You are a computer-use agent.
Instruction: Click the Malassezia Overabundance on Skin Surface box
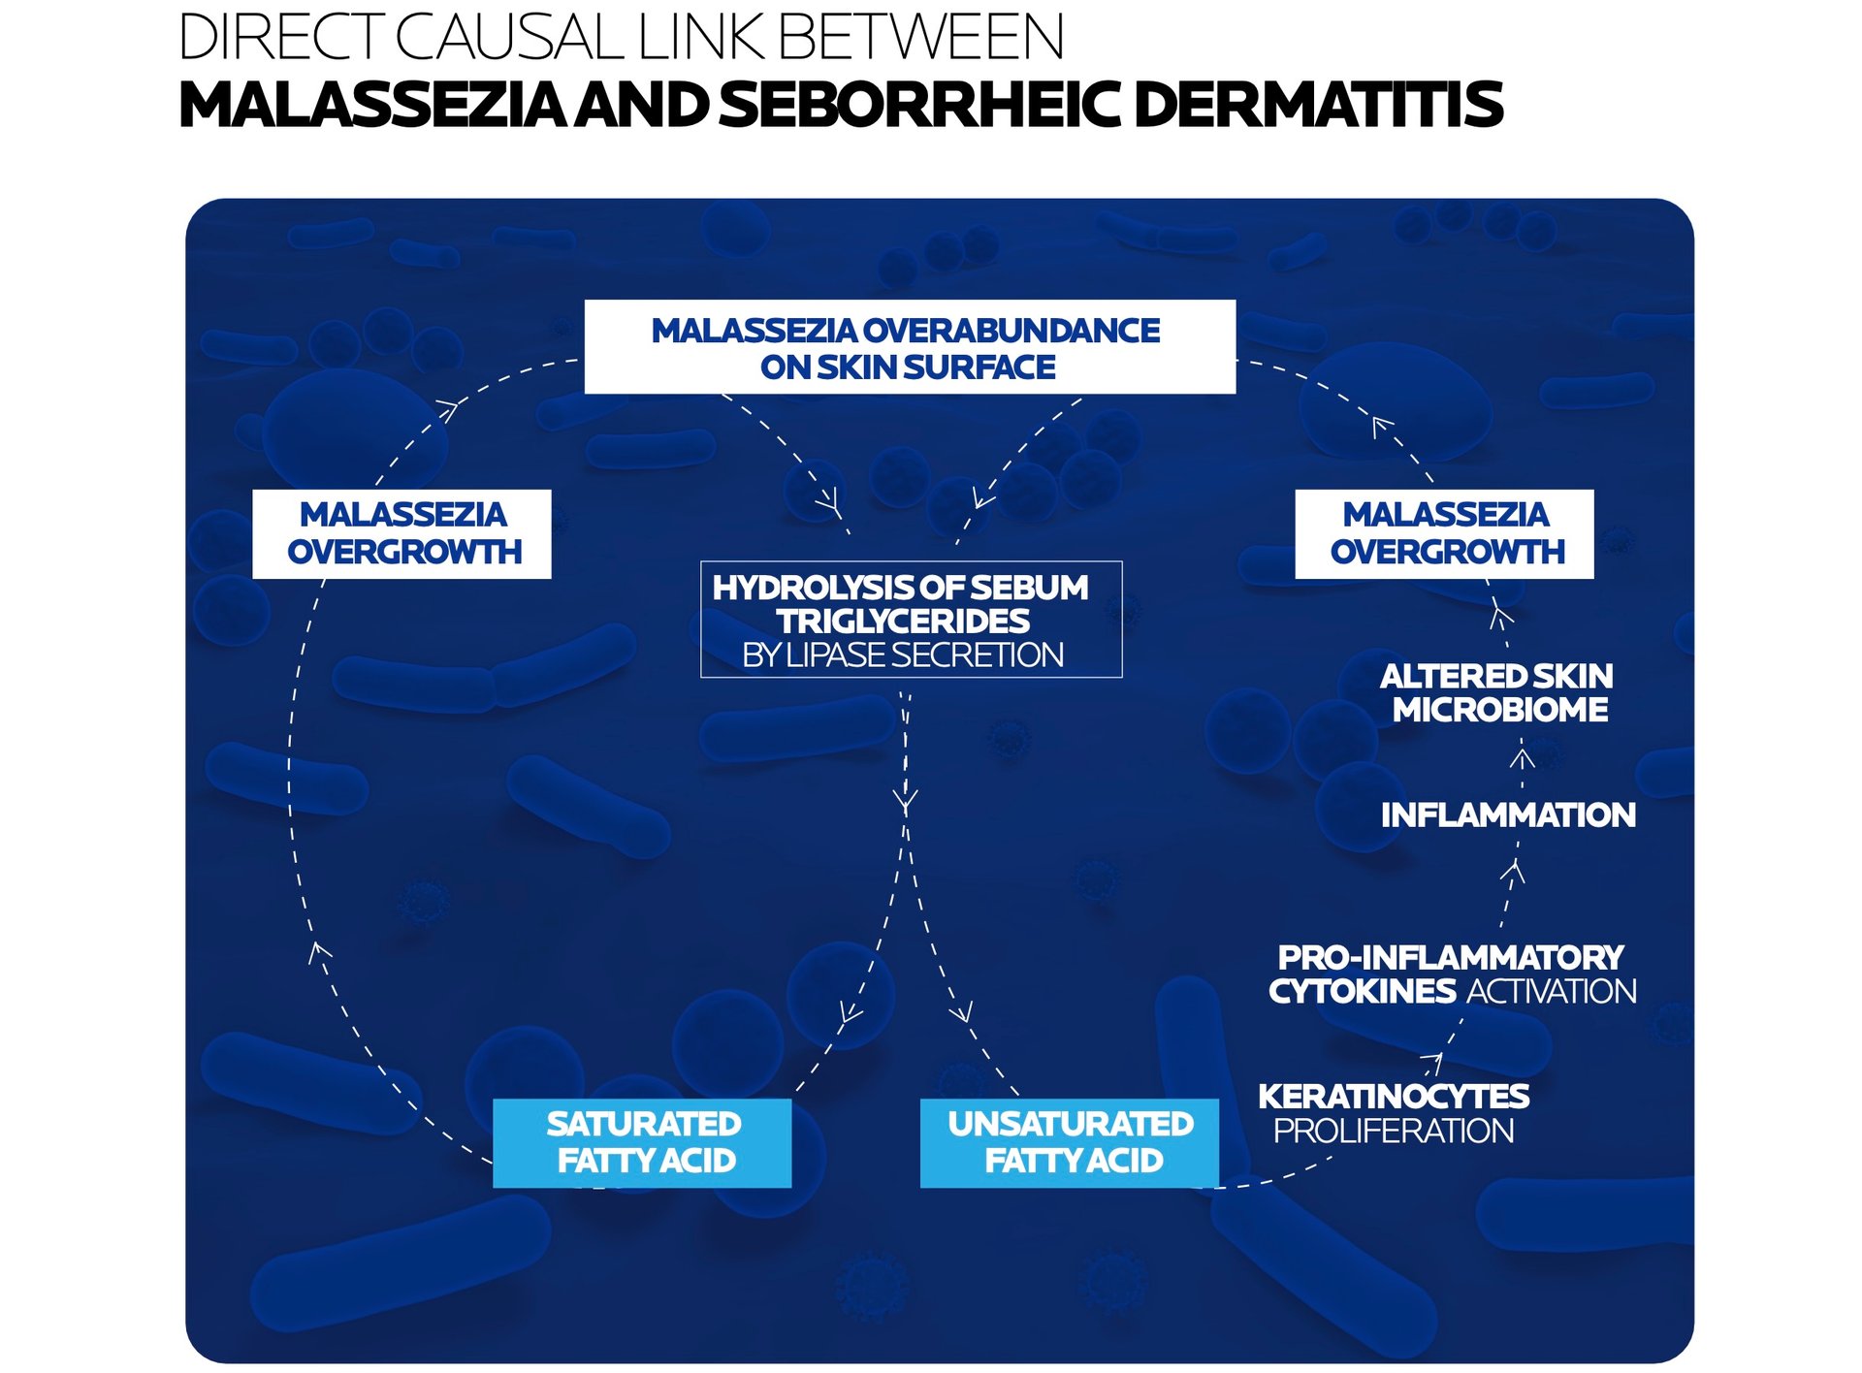coord(909,347)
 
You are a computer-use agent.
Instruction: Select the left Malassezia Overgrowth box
coord(401,533)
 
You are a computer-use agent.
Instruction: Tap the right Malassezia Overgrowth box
coord(1444,533)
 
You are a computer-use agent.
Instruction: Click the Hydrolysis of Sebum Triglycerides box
coord(911,619)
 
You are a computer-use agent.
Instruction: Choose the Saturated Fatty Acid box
coord(642,1142)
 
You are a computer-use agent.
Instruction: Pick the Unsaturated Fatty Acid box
coord(1069,1142)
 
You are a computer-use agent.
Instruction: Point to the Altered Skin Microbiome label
coord(1498,692)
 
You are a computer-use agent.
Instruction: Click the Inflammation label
coord(1507,814)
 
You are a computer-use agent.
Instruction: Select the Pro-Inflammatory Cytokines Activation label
coord(1452,974)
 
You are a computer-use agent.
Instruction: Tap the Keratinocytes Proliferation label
coord(1394,1113)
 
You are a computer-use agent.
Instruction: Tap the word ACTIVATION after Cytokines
coord(1552,991)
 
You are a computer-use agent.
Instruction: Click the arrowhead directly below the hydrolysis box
coord(906,803)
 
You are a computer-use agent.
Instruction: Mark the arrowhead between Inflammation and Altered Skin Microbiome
coord(1522,758)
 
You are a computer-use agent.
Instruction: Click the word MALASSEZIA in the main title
coord(373,105)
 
